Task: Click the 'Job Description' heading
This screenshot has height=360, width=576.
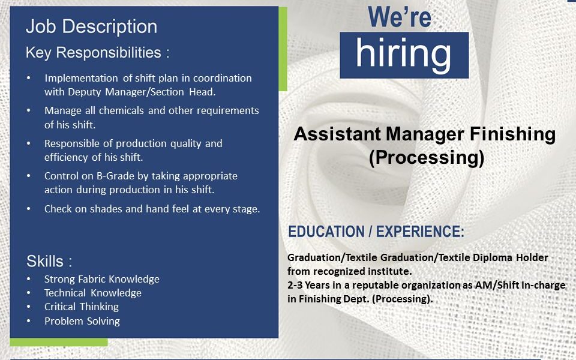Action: (x=91, y=27)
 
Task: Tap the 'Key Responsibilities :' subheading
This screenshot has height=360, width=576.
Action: (x=98, y=53)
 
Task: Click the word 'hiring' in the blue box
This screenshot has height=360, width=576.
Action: (x=403, y=55)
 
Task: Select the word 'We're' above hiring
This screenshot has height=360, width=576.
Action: (x=400, y=17)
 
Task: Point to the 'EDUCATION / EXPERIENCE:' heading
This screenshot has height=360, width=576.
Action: (x=376, y=232)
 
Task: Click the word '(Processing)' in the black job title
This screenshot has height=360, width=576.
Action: (x=427, y=157)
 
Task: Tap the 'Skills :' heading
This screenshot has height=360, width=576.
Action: (x=49, y=262)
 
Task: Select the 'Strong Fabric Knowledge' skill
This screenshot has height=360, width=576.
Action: (x=102, y=279)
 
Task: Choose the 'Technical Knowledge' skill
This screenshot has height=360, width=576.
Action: (x=92, y=293)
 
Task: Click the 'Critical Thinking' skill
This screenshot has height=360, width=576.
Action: (x=82, y=307)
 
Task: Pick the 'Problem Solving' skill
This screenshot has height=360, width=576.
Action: (x=82, y=321)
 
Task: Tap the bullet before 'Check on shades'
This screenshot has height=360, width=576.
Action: (x=29, y=209)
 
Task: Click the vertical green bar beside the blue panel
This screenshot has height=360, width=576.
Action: (x=283, y=49)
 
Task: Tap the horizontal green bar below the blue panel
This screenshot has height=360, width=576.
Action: (x=59, y=342)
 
